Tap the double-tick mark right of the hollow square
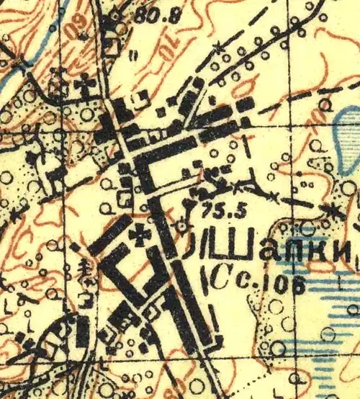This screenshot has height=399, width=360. [135, 53]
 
